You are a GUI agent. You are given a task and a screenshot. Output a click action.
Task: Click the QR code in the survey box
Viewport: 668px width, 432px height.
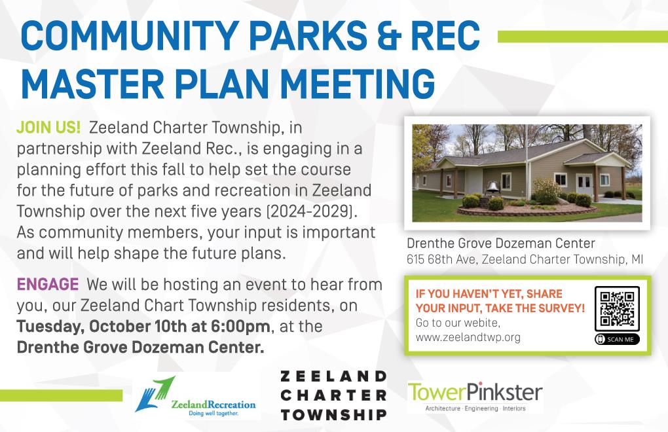pyautogui.click(x=617, y=308)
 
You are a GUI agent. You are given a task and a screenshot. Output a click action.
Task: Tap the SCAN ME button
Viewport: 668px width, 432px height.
pyautogui.click(x=617, y=340)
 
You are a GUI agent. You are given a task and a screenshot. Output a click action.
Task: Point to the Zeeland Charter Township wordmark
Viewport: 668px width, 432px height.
pyautogui.click(x=333, y=395)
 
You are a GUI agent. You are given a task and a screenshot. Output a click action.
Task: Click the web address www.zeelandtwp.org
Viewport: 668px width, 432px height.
pyautogui.click(x=468, y=338)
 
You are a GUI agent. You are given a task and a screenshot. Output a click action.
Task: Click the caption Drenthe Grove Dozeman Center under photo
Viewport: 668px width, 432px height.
pyautogui.click(x=500, y=243)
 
